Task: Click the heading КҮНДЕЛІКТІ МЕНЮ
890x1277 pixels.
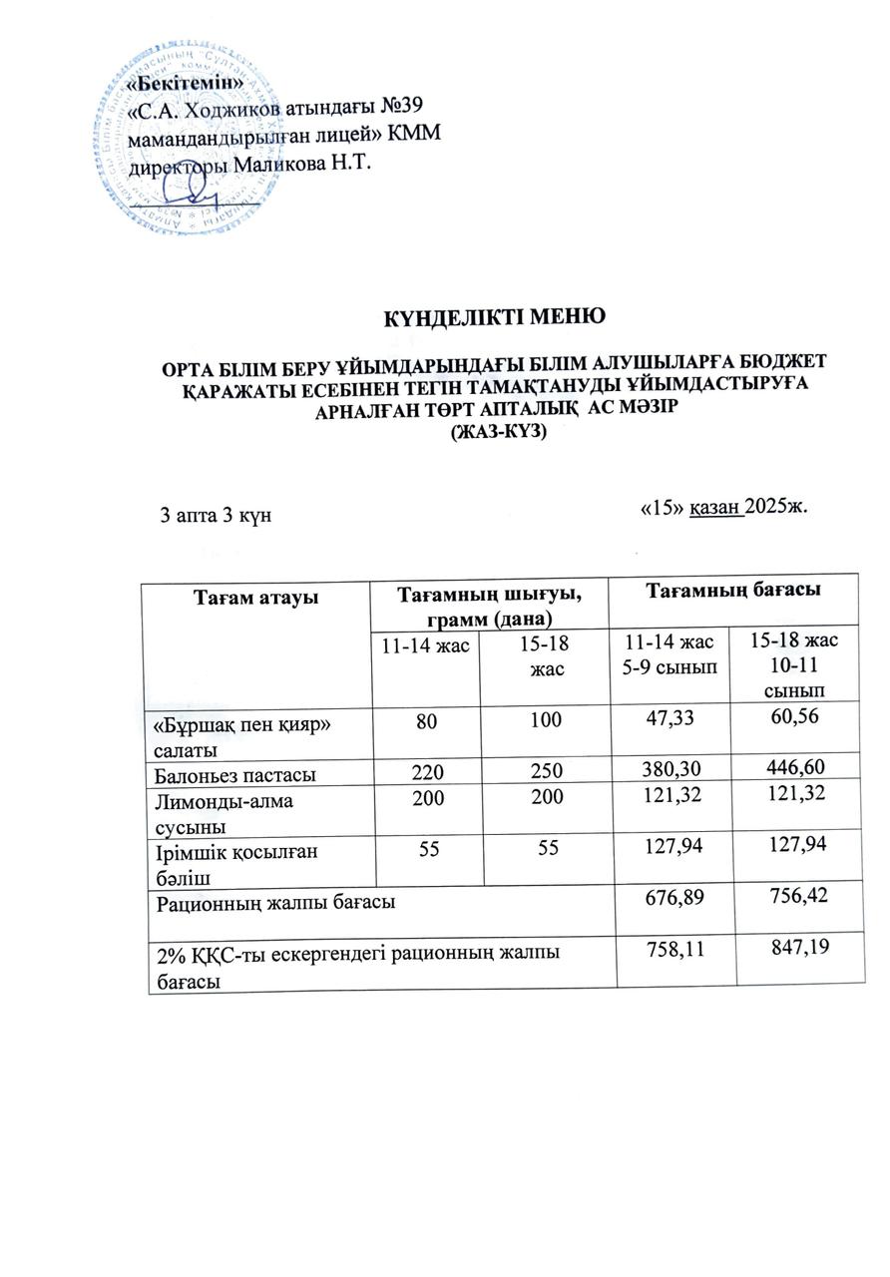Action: pyautogui.click(x=496, y=320)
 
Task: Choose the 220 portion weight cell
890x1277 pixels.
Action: pyautogui.click(x=423, y=770)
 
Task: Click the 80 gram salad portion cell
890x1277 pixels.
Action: pyautogui.click(x=423, y=720)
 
